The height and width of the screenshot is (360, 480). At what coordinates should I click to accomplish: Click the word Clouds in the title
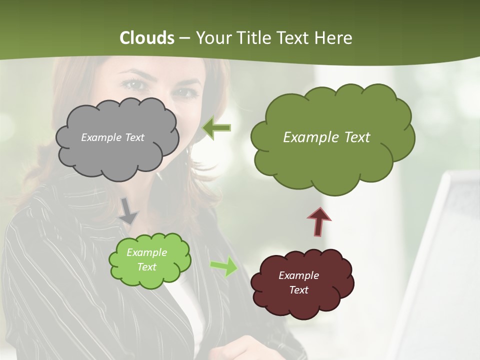pyautogui.click(x=147, y=38)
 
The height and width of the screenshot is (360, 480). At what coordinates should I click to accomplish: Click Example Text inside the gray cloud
pyautogui.click(x=112, y=137)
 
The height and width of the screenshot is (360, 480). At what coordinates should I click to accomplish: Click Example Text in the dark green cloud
pyautogui.click(x=326, y=137)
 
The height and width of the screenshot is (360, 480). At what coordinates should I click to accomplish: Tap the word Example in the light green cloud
pyautogui.click(x=146, y=252)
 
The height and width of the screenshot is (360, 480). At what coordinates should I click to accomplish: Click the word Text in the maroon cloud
pyautogui.click(x=298, y=290)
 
